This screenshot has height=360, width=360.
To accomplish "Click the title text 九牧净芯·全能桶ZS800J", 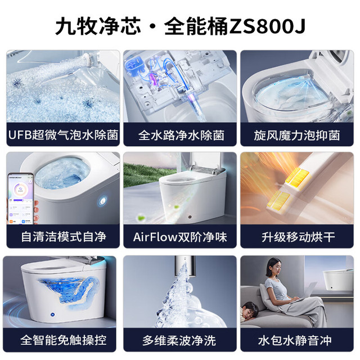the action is click(181, 26).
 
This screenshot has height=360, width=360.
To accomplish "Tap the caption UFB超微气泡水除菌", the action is click(63, 135).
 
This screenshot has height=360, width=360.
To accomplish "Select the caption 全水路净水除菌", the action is click(181, 135).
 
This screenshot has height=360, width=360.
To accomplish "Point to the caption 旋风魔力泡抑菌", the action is click(297, 135).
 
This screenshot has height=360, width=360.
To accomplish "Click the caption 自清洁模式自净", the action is click(64, 237).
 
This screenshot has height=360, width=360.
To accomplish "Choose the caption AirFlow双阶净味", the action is click(180, 237).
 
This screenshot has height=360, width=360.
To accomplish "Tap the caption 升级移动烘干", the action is click(298, 237).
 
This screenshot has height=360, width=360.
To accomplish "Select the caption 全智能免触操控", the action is click(64, 340).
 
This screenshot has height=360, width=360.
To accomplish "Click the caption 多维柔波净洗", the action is click(179, 340).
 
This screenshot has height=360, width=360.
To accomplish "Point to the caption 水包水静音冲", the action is click(295, 340).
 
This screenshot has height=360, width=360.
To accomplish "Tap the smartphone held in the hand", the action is click(21, 199).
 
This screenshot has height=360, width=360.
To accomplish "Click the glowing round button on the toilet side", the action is click(102, 201).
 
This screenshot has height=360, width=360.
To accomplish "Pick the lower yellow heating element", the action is click(280, 200).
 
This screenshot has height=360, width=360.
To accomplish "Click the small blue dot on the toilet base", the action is click(52, 314).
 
